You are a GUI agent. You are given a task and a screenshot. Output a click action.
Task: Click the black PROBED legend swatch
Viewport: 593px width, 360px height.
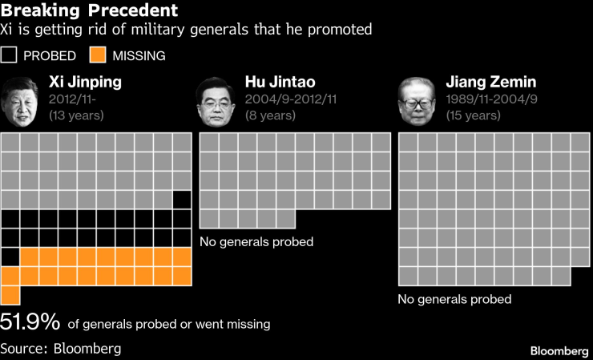(x=10, y=55)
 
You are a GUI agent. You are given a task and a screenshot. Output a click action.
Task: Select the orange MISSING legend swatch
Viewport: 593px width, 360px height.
(x=98, y=55)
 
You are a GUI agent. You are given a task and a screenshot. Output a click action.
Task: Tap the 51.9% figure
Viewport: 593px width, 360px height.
(x=30, y=322)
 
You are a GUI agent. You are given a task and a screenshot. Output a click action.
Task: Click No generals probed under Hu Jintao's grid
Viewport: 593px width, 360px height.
(x=256, y=241)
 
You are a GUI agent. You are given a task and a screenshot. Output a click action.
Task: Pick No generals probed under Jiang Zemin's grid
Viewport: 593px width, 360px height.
(x=454, y=299)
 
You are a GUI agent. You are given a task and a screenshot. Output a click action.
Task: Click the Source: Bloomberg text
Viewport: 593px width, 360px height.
(x=61, y=348)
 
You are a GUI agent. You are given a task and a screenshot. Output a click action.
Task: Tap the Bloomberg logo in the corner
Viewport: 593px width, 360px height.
(x=559, y=351)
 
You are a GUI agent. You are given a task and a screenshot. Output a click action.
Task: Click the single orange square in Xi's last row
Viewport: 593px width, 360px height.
(x=10, y=294)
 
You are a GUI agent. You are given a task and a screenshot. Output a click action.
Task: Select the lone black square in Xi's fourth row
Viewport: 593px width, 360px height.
(x=182, y=199)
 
